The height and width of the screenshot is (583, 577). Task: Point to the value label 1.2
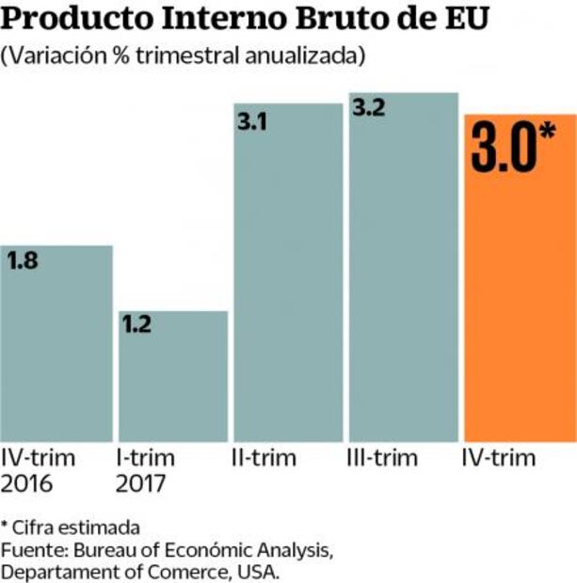coord(136,326)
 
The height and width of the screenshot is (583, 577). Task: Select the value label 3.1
coord(251,119)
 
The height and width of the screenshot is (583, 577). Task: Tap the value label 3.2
coord(368,108)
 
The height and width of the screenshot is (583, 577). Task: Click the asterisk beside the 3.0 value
coord(549,136)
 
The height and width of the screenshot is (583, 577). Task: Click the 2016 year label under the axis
coord(28,484)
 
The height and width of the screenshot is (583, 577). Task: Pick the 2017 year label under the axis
coord(141,484)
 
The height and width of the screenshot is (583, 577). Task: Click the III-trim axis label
coord(381,459)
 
